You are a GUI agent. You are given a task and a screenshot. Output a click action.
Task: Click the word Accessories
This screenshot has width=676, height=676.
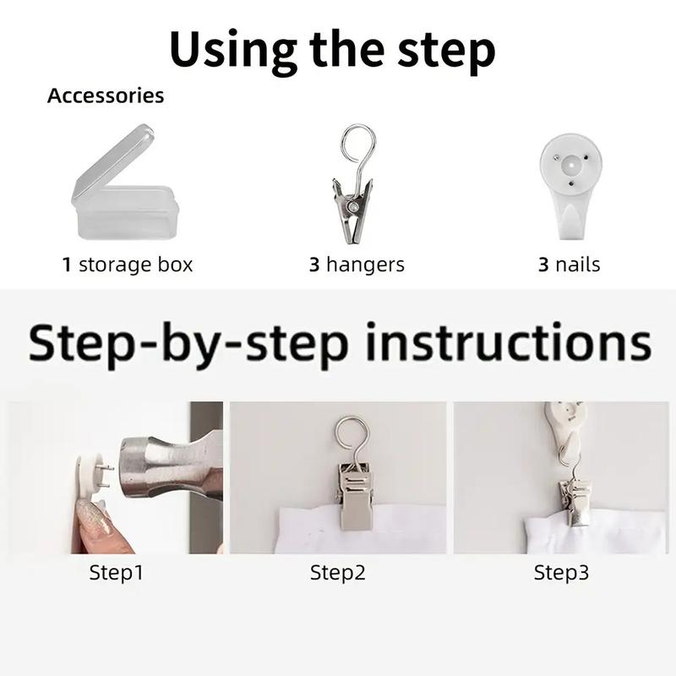pyautogui.click(x=106, y=95)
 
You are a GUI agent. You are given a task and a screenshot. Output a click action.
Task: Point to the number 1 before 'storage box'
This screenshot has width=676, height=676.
pyautogui.click(x=67, y=264)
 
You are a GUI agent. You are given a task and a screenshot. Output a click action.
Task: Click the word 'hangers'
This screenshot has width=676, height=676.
pyautogui.click(x=366, y=264)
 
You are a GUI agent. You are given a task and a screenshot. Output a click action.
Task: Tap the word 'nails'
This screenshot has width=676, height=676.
pyautogui.click(x=578, y=264)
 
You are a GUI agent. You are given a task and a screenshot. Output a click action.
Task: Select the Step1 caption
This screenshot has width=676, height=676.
pyautogui.click(x=116, y=573)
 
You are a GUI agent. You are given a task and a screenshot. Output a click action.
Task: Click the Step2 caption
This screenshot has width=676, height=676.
pyautogui.click(x=337, y=573)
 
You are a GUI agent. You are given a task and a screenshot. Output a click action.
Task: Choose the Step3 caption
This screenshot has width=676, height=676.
pyautogui.click(x=561, y=573)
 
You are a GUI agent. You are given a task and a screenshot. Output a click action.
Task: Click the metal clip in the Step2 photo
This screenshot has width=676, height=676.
pyautogui.click(x=355, y=496)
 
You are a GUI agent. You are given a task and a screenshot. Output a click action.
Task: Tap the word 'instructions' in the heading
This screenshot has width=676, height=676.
pyautogui.click(x=509, y=342)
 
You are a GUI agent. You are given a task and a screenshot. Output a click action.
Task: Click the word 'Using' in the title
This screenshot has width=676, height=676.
pyautogui.click(x=233, y=50)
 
